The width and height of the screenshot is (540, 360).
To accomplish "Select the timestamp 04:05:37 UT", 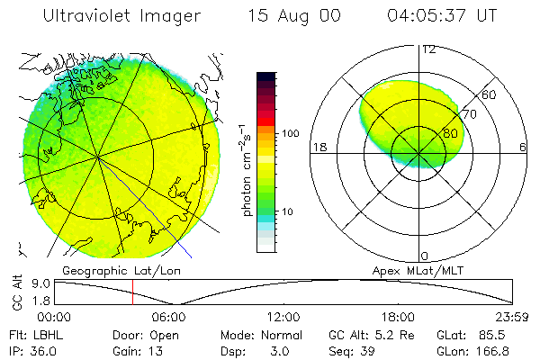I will pos(444,16).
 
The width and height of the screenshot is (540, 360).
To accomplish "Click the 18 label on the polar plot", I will pos(318,147).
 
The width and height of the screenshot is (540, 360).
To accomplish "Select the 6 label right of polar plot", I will pos(522,147).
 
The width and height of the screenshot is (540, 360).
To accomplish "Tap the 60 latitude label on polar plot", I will pos(490,94).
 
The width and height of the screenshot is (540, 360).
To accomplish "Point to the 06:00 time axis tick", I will pos(168,317).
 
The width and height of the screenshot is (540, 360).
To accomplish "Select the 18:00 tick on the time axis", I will pos(398,317).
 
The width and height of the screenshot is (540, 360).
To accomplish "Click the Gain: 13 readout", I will pos(131,350).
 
